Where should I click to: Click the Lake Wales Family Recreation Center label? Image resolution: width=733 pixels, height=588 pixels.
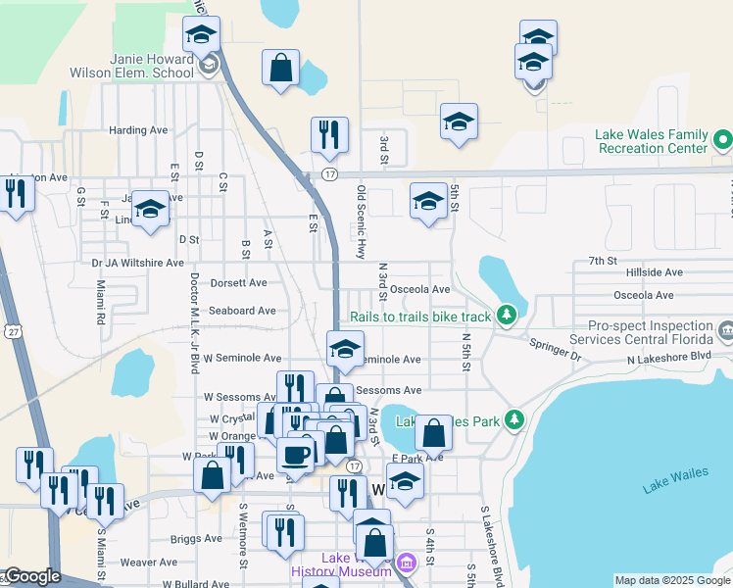click(x=651, y=141)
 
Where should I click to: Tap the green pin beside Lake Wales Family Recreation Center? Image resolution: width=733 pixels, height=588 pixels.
click(x=722, y=139)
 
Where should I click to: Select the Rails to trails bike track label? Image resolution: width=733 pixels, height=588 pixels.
click(x=420, y=317)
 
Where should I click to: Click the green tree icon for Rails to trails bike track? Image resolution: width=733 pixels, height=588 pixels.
click(x=506, y=316)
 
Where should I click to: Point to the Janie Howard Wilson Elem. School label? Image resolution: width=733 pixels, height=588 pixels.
click(x=133, y=65)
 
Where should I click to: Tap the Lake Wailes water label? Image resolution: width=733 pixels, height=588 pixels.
click(x=675, y=479)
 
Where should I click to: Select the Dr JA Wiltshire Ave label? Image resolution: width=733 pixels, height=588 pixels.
click(x=137, y=263)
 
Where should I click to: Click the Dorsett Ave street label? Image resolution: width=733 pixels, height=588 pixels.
click(x=239, y=283)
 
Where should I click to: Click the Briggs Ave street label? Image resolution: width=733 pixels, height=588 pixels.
click(x=197, y=538)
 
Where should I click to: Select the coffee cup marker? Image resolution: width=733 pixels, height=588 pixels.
click(x=296, y=453)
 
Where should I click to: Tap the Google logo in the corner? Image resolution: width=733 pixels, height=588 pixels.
click(x=31, y=576)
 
